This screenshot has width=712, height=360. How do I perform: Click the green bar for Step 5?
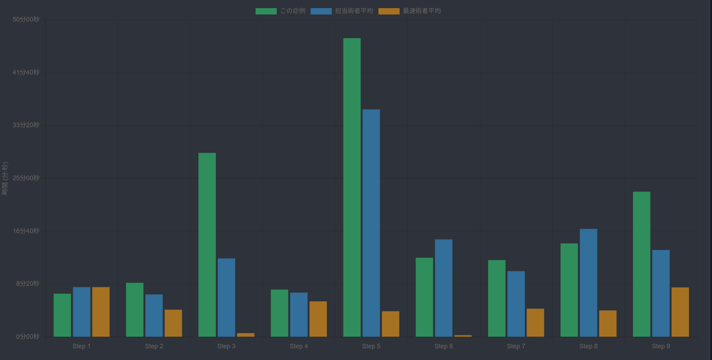click(352, 187)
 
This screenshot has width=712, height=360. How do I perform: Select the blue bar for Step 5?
click(371, 223)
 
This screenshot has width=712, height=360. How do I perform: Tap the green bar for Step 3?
click(207, 245)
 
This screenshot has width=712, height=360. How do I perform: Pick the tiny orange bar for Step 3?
click(246, 335)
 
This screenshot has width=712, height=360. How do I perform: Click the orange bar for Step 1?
click(101, 312)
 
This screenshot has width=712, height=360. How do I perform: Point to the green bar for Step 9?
click(641, 264)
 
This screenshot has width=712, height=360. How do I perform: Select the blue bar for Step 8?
click(588, 283)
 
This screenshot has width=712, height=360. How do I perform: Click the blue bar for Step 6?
click(443, 288)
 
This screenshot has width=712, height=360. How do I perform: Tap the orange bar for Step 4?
click(318, 319)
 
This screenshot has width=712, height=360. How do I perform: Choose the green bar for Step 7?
click(497, 298)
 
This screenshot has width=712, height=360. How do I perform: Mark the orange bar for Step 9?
click(680, 312)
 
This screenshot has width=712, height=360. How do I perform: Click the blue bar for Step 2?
click(154, 316)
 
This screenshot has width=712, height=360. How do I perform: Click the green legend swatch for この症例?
click(266, 11)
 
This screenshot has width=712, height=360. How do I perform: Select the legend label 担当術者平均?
click(354, 11)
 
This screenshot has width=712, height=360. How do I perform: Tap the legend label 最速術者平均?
click(421, 11)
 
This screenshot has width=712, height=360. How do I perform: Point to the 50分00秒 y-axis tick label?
click(26, 19)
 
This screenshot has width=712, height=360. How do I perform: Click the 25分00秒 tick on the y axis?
click(26, 178)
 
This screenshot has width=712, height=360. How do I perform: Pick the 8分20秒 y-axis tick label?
click(28, 284)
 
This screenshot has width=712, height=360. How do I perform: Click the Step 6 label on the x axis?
click(443, 346)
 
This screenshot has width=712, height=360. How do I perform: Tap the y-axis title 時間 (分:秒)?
click(5, 178)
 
